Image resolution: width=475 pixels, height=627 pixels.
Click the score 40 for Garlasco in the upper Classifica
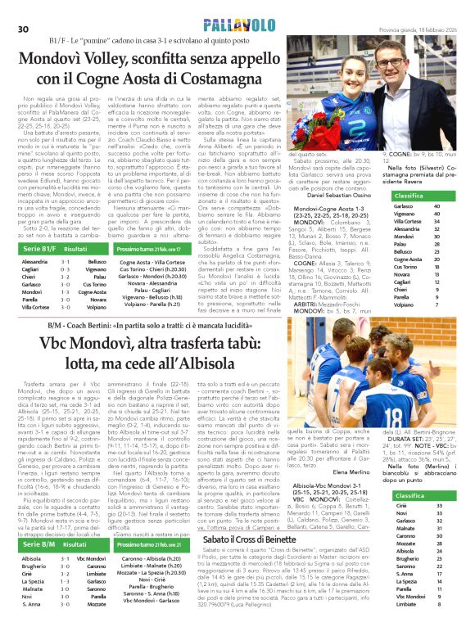click(x=448, y=207)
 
